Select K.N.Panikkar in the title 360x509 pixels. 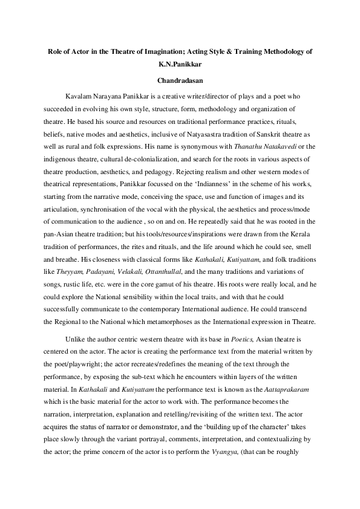click(x=180, y=65)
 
